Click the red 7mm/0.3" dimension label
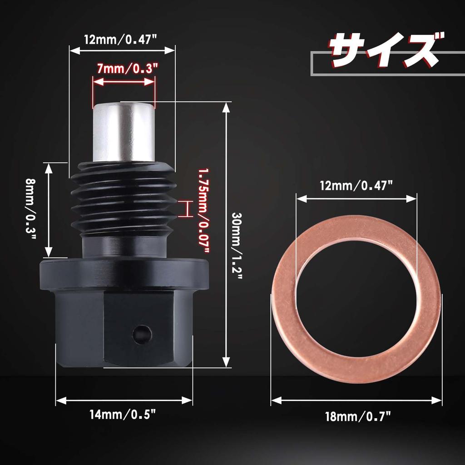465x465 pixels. click(x=127, y=69)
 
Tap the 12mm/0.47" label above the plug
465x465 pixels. click(x=120, y=40)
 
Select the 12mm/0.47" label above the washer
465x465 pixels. click(x=356, y=186)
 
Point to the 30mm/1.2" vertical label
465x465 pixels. click(x=237, y=246)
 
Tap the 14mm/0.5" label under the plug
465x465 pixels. click(x=123, y=414)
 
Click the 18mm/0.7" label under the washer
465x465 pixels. click(x=358, y=417)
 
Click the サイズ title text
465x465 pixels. click(x=386, y=50)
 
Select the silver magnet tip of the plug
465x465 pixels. click(x=124, y=132)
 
